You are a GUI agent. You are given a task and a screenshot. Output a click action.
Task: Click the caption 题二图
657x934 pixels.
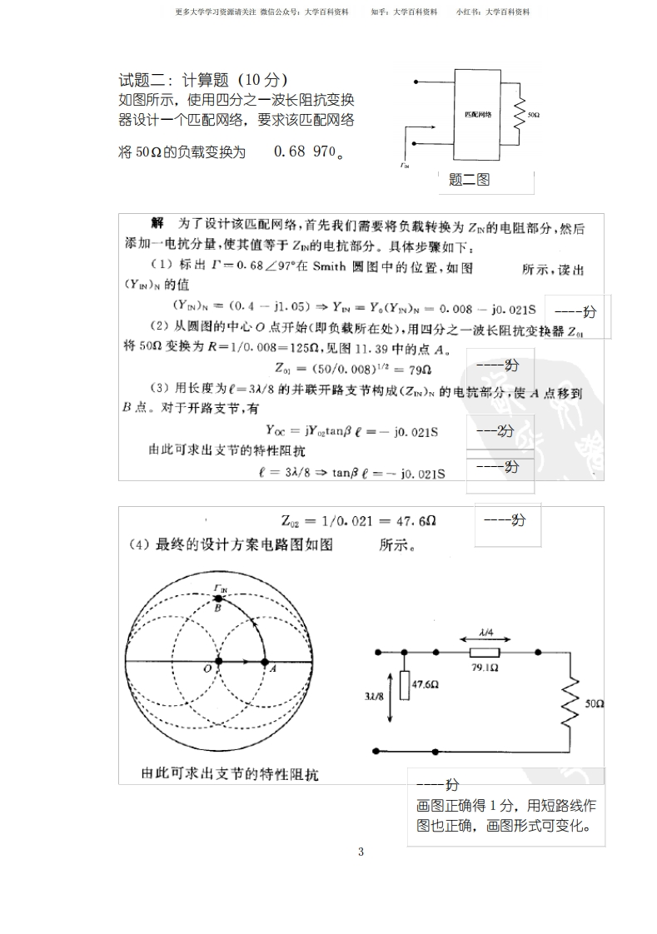pos(469,179)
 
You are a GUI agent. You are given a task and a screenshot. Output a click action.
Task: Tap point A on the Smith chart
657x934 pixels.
pos(264,663)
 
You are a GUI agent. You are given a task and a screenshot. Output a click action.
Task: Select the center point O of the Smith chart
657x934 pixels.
pos(218,663)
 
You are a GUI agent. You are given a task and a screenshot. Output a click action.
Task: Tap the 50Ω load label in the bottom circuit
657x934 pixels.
pos(594,703)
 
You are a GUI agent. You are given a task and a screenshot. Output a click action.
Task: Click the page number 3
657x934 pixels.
pos(361,851)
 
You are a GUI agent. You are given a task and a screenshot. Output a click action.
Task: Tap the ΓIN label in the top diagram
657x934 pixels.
pos(405,165)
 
